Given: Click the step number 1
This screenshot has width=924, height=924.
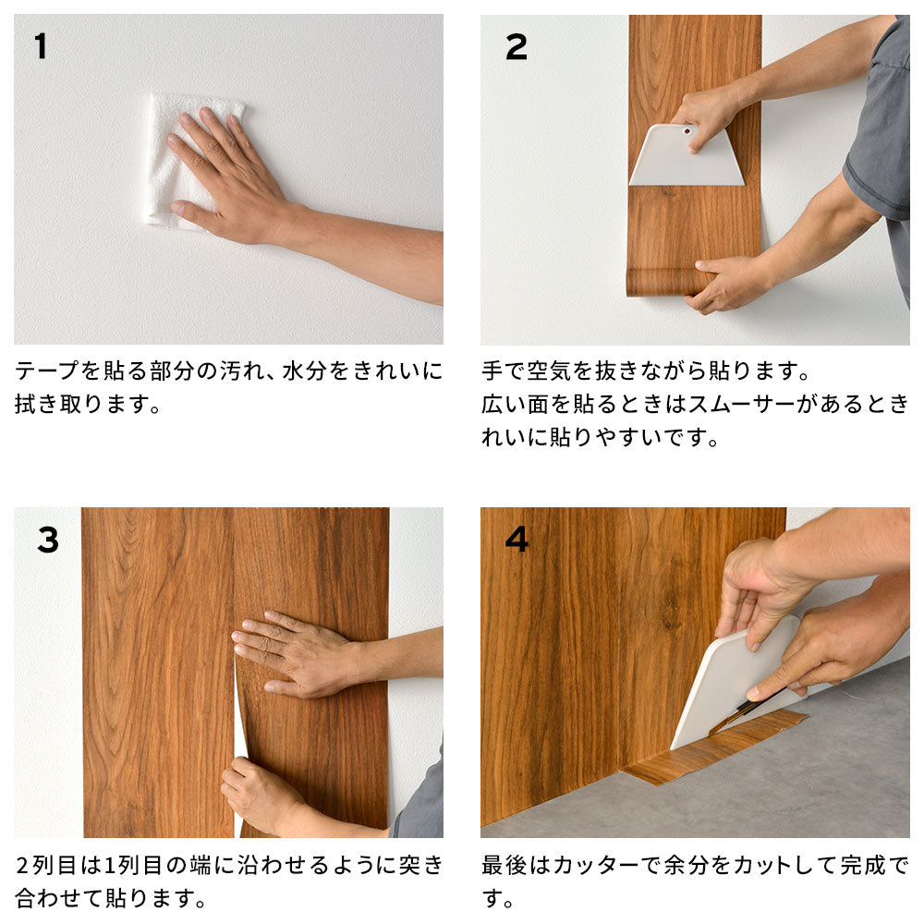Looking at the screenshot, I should [x=40, y=46].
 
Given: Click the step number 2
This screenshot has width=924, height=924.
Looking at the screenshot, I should [x=516, y=47].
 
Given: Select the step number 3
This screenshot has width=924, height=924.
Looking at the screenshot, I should [x=48, y=540].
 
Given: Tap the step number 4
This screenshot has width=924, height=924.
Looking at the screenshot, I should [x=517, y=539].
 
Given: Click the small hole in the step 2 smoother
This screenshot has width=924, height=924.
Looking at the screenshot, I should [x=687, y=131].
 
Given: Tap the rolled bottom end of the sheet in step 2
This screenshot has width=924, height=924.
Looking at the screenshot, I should [x=661, y=282].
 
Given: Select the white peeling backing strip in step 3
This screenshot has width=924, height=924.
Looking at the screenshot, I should [x=240, y=739].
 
